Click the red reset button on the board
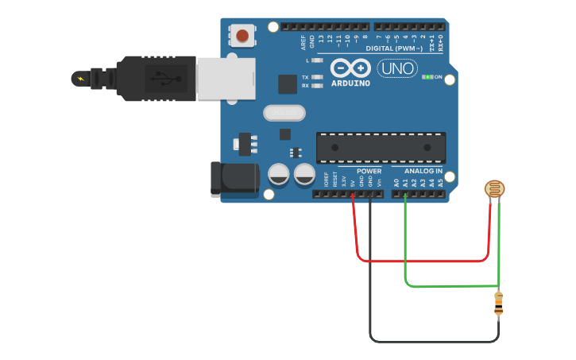coord(242,35)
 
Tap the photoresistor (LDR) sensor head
coord(494,188)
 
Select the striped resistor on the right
coord(498,303)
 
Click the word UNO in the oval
coord(396,68)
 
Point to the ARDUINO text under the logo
coord(350,83)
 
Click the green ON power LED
coord(427,77)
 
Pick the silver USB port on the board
coord(226,78)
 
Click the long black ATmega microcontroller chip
coord(381,148)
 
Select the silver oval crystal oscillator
coord(284,114)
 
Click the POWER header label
coord(369,171)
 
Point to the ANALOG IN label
coord(423,171)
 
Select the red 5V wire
coord(421,260)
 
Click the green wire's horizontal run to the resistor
coord(453,286)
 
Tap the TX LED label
coord(305,78)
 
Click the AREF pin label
coord(303,42)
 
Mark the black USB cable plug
coord(155,79)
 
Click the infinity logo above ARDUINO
coord(350,68)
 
